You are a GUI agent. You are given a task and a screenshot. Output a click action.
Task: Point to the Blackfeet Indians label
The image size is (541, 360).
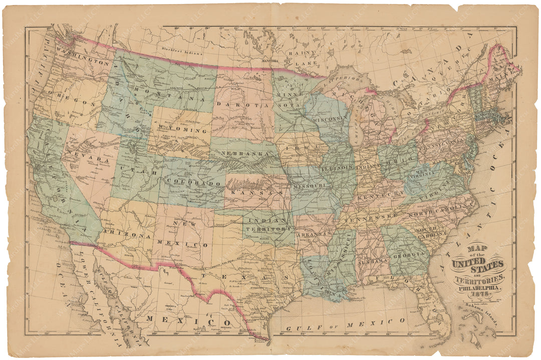tap(182, 49)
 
